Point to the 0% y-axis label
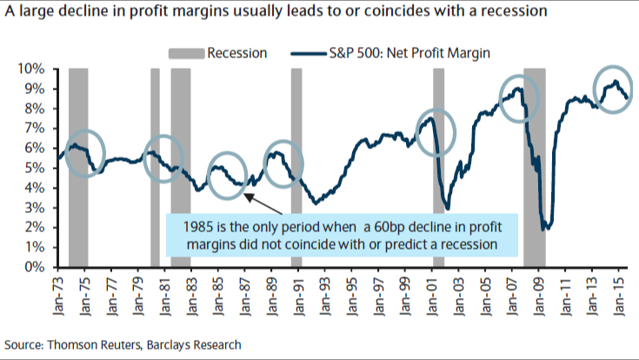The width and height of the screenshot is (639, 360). (x=45, y=267)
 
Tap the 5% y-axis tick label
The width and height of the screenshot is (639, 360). (x=45, y=168)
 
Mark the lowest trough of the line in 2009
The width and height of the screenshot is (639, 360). (x=545, y=229)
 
